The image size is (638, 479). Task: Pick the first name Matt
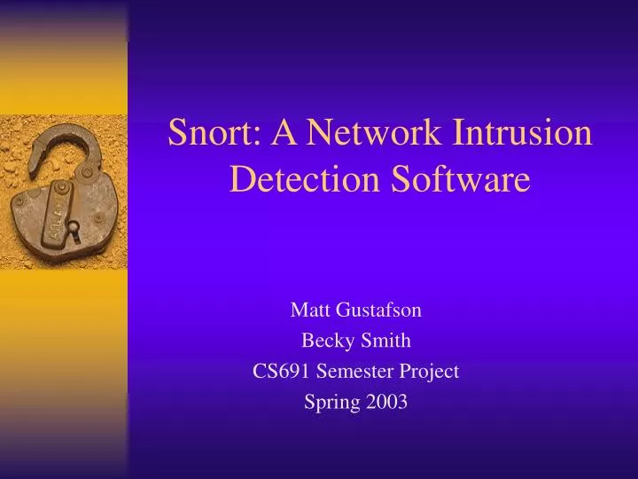tap(307, 310)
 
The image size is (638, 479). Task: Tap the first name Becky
tap(324, 341)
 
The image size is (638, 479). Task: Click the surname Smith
tap(387, 341)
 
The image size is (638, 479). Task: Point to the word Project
tap(431, 371)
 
